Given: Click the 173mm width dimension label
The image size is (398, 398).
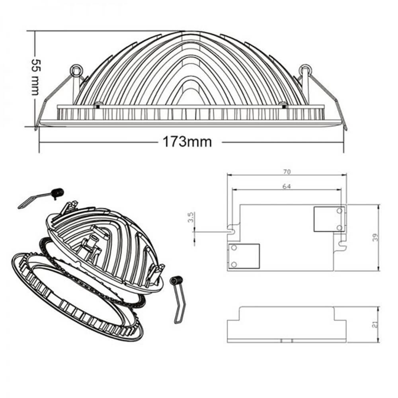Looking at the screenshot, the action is [187, 142].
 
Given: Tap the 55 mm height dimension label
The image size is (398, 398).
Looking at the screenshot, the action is [35, 77].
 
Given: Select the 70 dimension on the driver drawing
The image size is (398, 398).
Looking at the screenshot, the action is [287, 172].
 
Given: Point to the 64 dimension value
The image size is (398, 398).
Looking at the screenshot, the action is [287, 187].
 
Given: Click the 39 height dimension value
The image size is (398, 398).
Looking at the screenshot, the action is [375, 237].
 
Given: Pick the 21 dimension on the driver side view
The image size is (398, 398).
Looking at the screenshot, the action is [375, 324].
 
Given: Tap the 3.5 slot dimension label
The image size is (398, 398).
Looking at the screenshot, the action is [191, 217].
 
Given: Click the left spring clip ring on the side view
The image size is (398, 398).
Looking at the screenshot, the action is [76, 70].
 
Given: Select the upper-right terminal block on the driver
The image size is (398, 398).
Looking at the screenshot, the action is [329, 219].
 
